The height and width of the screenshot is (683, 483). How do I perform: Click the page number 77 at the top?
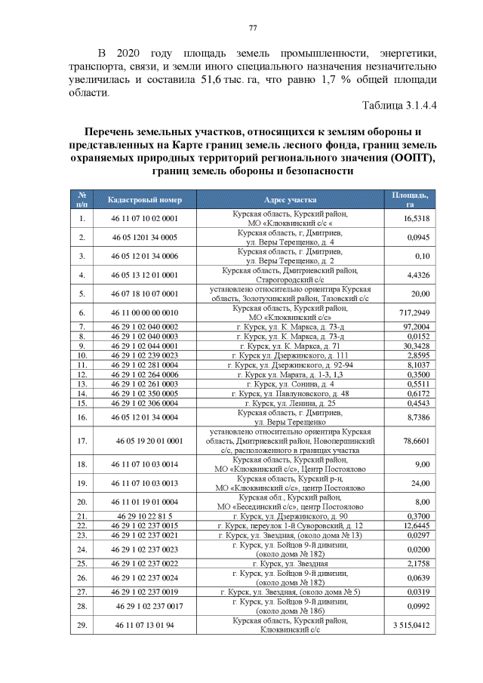(253, 29)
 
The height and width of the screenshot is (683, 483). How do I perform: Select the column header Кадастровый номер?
(145, 200)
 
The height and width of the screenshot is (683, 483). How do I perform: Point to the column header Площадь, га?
(411, 200)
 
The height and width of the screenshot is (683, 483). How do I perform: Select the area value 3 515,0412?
(411, 626)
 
